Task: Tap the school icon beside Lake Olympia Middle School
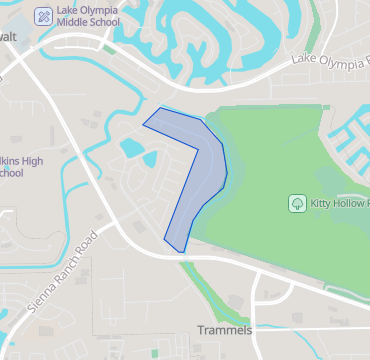click(44, 16)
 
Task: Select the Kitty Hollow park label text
click(340, 203)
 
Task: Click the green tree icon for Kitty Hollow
click(297, 203)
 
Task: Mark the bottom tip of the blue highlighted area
click(181, 251)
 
